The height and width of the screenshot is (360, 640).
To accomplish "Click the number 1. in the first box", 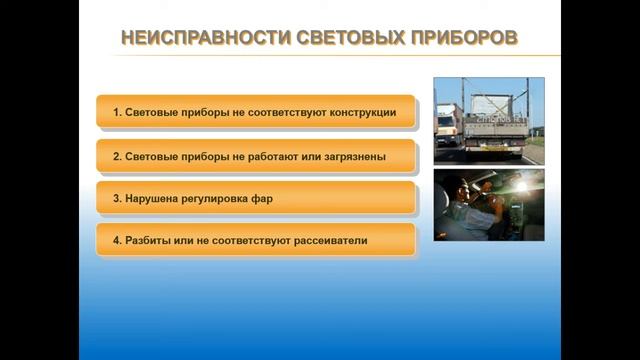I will pos(117,113).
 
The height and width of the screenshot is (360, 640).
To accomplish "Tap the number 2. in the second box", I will pos(117,157).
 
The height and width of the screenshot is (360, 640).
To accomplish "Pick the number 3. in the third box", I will pos(117,199).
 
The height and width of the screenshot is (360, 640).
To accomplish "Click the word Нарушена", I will pos(153,199).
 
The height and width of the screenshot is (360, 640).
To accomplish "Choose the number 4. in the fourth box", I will pos(117,241).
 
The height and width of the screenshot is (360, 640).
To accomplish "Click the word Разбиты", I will pos(150,241).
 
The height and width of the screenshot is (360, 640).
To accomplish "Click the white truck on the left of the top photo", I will pos(448,125).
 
